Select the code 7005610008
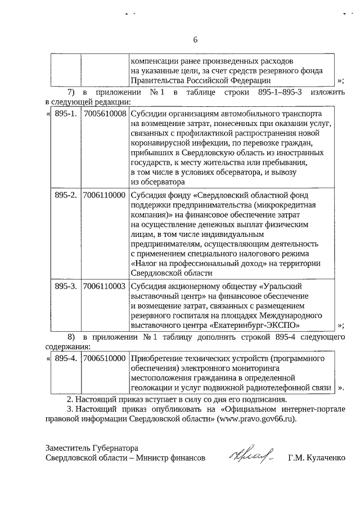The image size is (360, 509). pyautogui.click(x=104, y=114)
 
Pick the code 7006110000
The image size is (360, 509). pyautogui.click(x=104, y=196)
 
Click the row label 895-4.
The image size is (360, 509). pyautogui.click(x=65, y=358)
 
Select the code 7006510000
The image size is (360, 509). pyautogui.click(x=104, y=358)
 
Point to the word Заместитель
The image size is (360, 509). pyautogui.click(x=68, y=448)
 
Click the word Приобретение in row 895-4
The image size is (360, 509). pyautogui.click(x=157, y=358)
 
